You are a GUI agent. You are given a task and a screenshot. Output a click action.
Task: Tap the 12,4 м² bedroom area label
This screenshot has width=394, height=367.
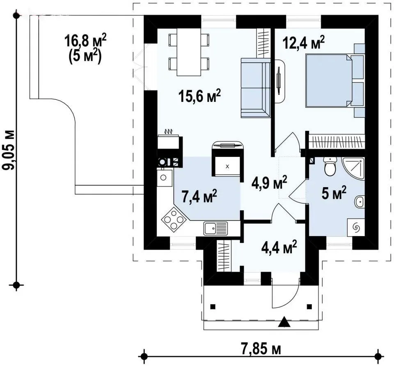pos(304,42)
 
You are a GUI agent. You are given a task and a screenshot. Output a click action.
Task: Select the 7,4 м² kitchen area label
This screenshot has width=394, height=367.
pos(199,196)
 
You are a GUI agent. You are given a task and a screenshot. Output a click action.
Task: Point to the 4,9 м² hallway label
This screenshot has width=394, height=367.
pos(269,183)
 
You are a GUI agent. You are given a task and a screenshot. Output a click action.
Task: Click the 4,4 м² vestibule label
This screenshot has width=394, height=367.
pos(279,247)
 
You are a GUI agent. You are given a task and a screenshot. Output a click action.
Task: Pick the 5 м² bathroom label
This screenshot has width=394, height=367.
pos(334,193)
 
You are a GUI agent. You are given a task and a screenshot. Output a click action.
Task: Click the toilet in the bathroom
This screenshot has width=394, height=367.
pos(330,166)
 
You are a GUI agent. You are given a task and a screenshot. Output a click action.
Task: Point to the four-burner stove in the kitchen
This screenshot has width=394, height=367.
pos(174,219)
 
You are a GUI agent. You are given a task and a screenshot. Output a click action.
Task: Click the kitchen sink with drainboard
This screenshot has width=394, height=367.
pos(215,228)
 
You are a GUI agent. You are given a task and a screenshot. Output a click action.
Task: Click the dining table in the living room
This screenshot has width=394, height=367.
pos(189,52)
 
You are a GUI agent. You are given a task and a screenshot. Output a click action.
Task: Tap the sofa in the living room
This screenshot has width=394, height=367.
pos(256,88)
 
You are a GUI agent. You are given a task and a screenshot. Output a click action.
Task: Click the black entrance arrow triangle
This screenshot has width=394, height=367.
pos(284,322)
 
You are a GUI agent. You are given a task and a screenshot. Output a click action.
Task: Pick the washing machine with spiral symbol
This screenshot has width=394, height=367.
pos(356,227)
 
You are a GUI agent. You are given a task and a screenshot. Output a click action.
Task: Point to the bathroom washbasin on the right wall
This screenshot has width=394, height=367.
pos(360,202)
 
